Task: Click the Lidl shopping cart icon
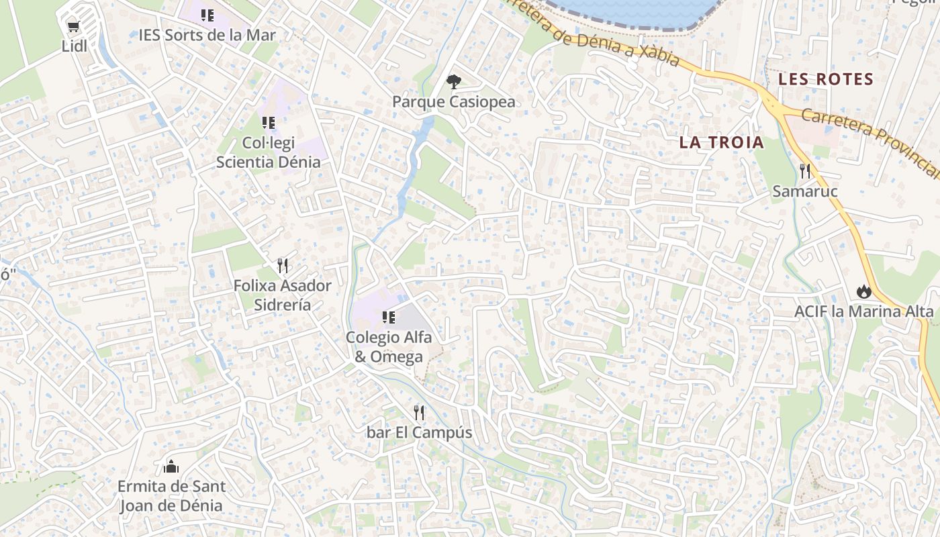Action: pyautogui.click(x=73, y=27)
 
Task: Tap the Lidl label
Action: pyautogui.click(x=75, y=46)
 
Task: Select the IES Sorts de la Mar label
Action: pyautogui.click(x=207, y=35)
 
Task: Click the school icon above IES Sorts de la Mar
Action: pyautogui.click(x=207, y=15)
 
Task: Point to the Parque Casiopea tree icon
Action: pyautogui.click(x=454, y=82)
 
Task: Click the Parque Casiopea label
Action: pyautogui.click(x=454, y=102)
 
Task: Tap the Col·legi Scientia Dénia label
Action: pyautogui.click(x=268, y=152)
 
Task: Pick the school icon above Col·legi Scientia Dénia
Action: pyautogui.click(x=268, y=123)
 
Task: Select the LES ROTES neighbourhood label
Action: pyautogui.click(x=826, y=79)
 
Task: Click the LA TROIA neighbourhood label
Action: pyautogui.click(x=721, y=142)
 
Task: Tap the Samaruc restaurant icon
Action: pyautogui.click(x=805, y=171)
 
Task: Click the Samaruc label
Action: pyautogui.click(x=805, y=192)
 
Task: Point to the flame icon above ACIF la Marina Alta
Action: pyautogui.click(x=863, y=291)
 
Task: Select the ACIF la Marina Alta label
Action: pyautogui.click(x=863, y=311)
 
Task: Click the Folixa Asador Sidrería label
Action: pyautogui.click(x=282, y=295)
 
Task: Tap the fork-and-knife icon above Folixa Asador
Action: pyautogui.click(x=282, y=266)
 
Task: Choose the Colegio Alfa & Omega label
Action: pyautogui.click(x=389, y=346)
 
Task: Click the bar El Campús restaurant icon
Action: pyautogui.click(x=419, y=412)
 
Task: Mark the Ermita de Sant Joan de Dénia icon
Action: pyautogui.click(x=171, y=466)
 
